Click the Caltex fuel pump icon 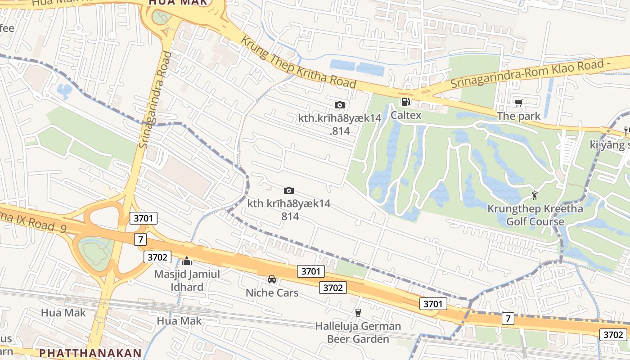405,102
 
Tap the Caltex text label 406,115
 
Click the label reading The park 518,117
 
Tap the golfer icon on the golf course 535,195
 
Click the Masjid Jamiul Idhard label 187,280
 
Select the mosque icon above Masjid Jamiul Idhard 187,261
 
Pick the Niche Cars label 272,292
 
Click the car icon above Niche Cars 272,279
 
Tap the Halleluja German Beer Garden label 358,332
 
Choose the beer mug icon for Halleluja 358,312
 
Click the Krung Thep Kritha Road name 298,63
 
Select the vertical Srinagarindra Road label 155,100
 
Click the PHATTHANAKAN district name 90,353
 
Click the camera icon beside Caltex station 340,105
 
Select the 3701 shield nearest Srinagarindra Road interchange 144,219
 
